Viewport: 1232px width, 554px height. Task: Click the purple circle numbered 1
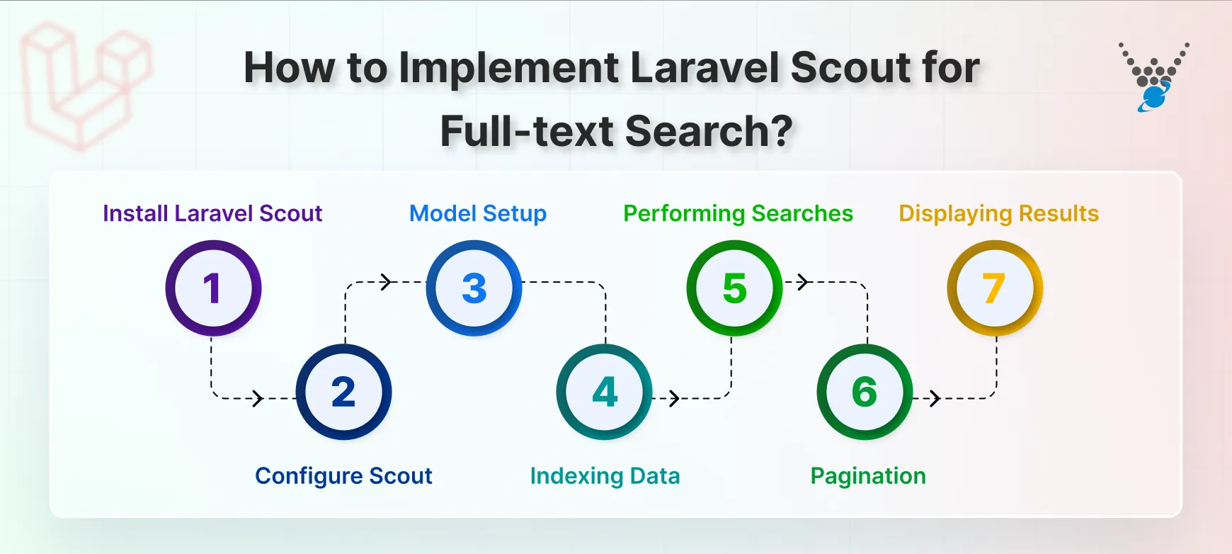click(213, 288)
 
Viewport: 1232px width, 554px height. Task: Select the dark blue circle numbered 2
click(343, 392)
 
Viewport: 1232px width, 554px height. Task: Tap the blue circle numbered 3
click(474, 288)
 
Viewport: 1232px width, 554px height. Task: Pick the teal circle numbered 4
click(604, 392)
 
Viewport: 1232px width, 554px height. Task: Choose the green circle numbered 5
click(734, 288)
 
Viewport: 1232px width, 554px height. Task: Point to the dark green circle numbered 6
click(865, 392)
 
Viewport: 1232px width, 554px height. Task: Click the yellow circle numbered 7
click(995, 288)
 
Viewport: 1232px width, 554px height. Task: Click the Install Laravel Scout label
click(212, 213)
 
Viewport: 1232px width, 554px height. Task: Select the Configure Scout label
click(343, 475)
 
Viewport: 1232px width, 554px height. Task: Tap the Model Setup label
click(478, 213)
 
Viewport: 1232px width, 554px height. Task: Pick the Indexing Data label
click(605, 475)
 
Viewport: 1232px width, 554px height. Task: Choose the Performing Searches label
click(738, 213)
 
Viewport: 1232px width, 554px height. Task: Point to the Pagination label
click(868, 475)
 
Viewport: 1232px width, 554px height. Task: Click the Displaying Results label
click(998, 213)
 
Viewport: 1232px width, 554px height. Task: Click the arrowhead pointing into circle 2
click(258, 398)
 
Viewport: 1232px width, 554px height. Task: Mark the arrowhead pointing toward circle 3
click(386, 282)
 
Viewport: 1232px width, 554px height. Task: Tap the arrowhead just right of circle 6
click(935, 398)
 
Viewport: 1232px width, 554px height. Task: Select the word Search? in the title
click(708, 131)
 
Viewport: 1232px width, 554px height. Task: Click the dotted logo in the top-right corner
click(1153, 77)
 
